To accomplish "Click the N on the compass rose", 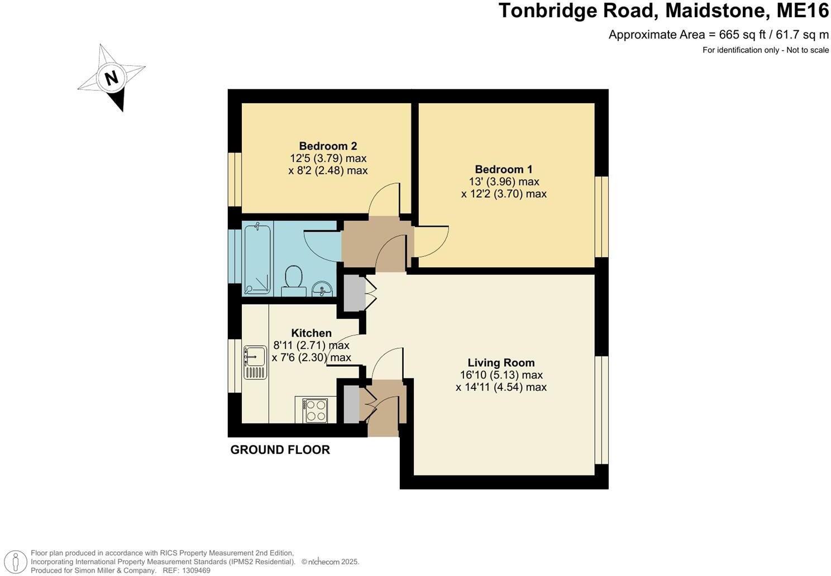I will tap(112, 78).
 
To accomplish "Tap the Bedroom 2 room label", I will tap(328, 146).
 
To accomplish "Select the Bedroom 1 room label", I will tap(504, 169).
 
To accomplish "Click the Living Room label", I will tap(501, 363).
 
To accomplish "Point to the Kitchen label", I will tap(311, 333).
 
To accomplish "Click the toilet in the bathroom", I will tap(293, 279).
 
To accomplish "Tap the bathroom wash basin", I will tap(322, 289).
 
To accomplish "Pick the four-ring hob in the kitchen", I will tap(316, 410).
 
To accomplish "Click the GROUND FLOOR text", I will tap(280, 450).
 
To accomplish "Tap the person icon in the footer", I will tap(18, 561).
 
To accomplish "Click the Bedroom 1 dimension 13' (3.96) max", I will tap(504, 181).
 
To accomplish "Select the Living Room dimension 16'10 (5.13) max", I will tap(501, 375).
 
